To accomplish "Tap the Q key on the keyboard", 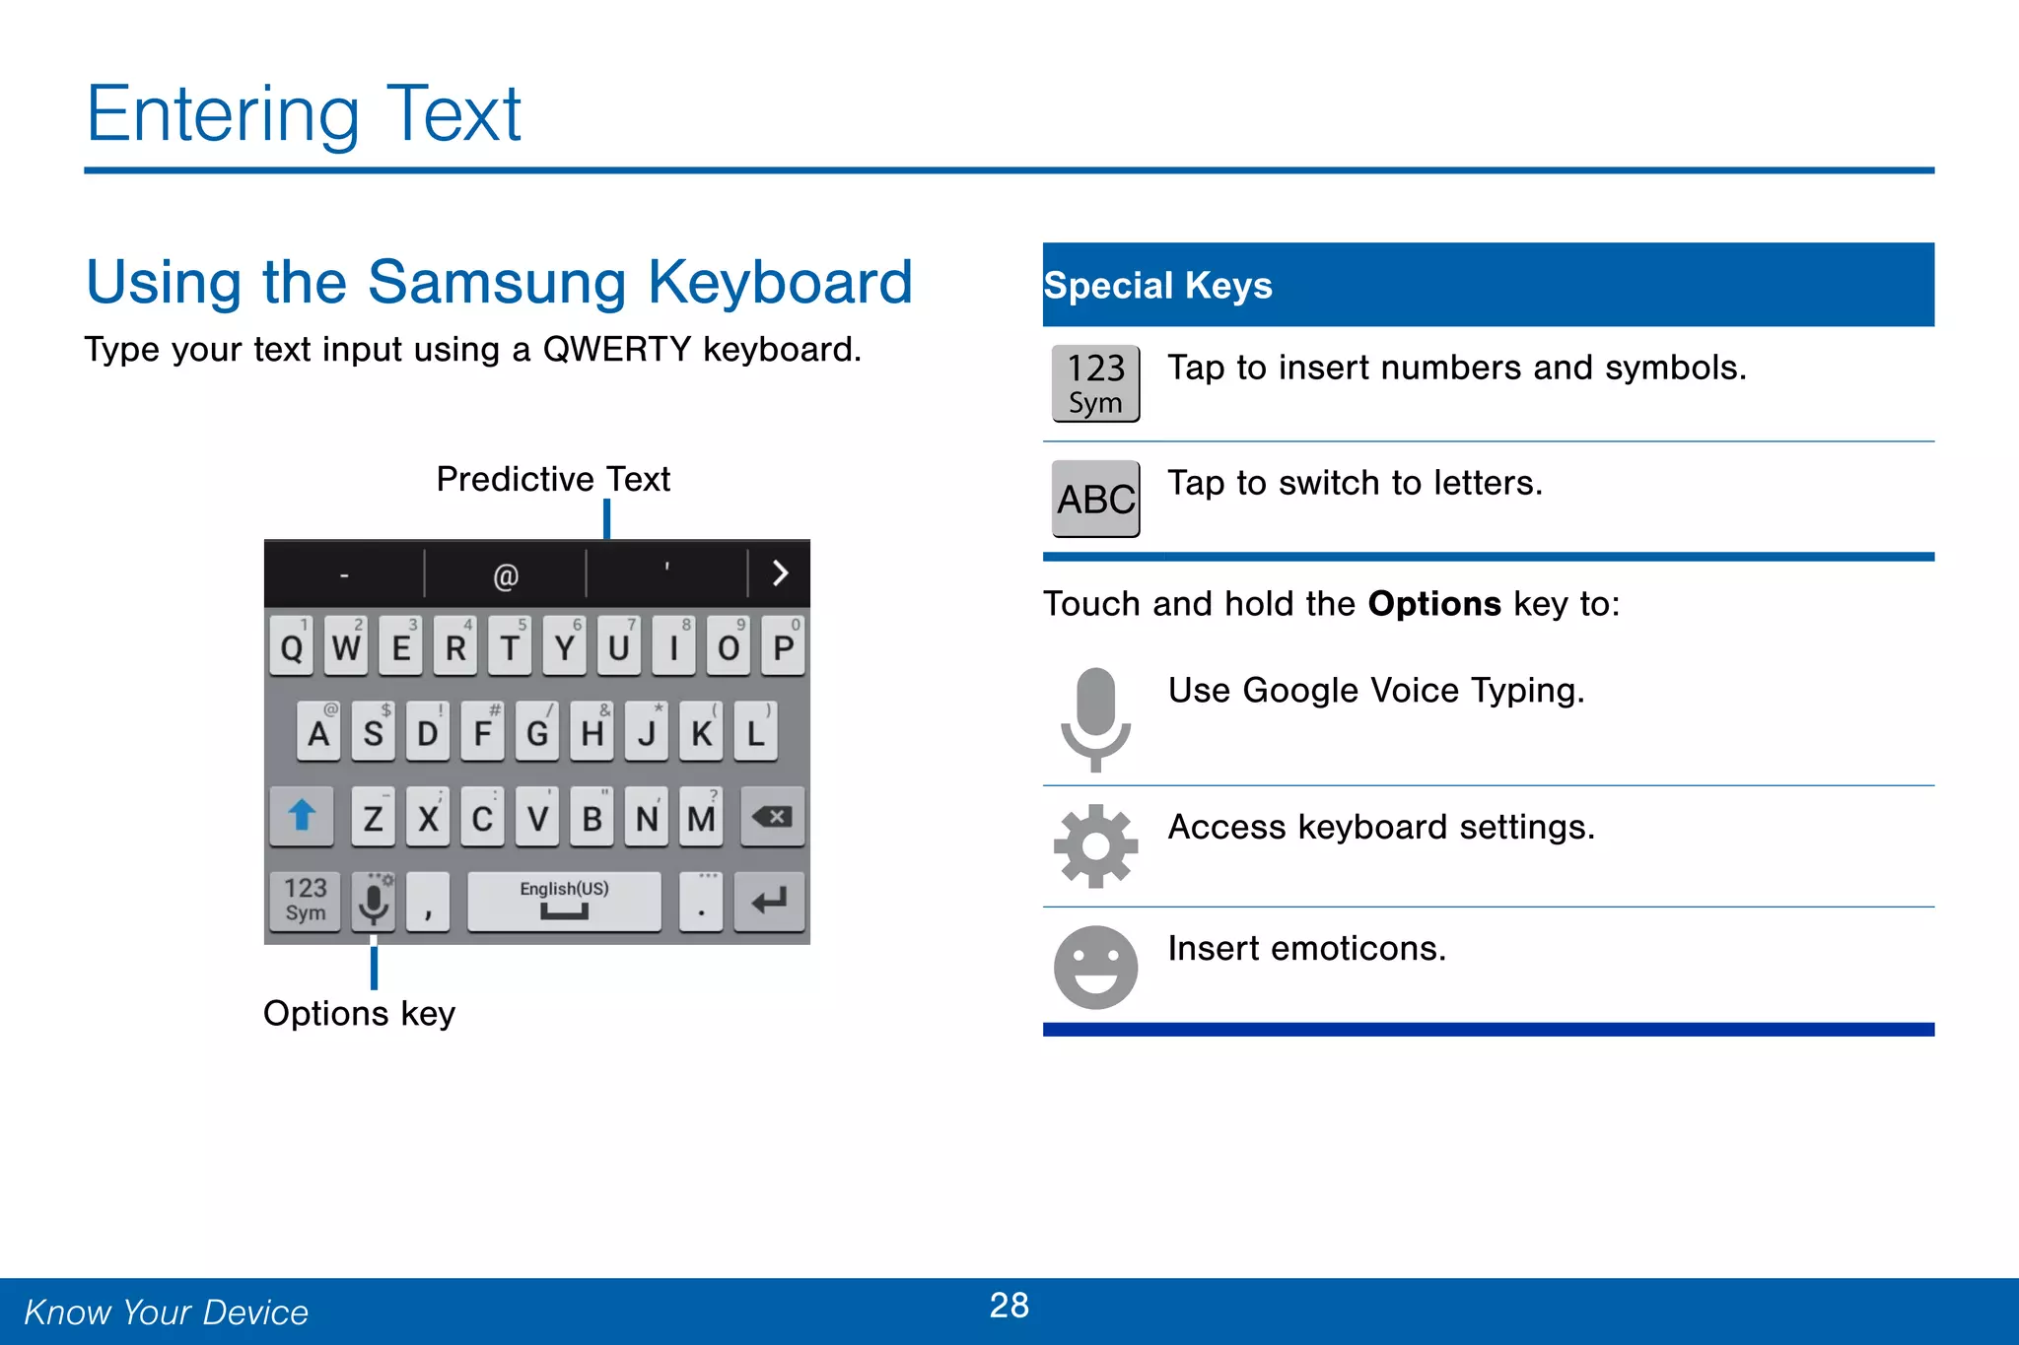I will tap(292, 646).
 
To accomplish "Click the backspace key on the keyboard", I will tap(772, 817).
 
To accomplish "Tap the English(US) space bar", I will tap(564, 901).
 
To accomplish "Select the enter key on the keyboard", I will tap(769, 901).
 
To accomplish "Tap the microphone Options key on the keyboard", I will tap(374, 901).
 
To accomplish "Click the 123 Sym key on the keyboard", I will tap(306, 901).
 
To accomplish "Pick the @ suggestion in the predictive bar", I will tap(506, 575).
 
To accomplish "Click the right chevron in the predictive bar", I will tap(780, 573).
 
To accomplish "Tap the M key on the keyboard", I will tap(701, 817).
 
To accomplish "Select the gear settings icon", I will tap(1095, 846).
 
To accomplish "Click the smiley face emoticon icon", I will tap(1095, 967).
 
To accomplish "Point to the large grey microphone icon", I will tap(1095, 718).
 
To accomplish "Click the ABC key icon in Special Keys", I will tap(1095, 500).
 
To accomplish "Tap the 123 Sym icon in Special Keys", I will tap(1095, 383).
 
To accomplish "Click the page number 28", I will tap(1009, 1306).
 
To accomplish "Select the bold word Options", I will tap(1434, 604).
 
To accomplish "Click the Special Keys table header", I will tap(1488, 286).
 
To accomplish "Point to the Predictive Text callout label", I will tap(553, 480).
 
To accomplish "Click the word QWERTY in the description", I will tap(617, 350).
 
